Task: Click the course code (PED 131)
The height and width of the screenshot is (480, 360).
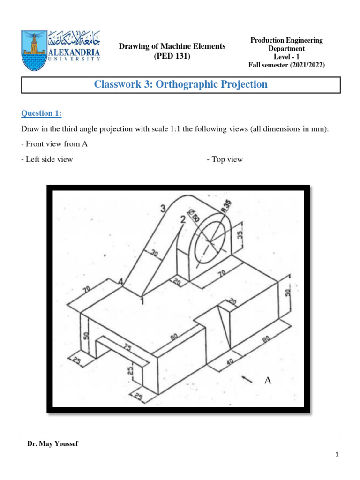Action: (172, 56)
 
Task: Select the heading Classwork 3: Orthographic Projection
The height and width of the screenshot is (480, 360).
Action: (181, 84)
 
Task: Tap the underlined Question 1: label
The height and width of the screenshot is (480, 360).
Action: (41, 113)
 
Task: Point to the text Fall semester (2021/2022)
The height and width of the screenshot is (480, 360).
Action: (286, 65)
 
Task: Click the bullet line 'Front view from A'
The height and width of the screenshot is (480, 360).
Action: (54, 144)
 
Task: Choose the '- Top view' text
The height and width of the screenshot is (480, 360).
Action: (225, 159)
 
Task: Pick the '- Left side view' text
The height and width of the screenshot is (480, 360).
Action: (47, 159)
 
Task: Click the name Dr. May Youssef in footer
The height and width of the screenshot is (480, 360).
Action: (53, 444)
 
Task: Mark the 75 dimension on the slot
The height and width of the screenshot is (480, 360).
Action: (127, 347)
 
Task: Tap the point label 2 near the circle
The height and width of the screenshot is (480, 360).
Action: (182, 219)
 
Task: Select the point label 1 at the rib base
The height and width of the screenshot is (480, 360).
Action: (142, 301)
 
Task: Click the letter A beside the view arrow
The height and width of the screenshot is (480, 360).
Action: (268, 380)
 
